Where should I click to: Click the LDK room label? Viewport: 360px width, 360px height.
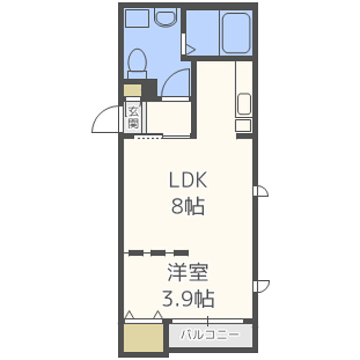coord(188,180)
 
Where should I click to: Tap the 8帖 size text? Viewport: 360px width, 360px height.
coord(188,206)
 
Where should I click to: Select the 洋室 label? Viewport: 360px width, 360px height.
coord(188,273)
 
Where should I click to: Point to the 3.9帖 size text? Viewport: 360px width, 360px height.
coord(188,299)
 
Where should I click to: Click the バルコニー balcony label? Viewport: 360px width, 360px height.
coord(210,335)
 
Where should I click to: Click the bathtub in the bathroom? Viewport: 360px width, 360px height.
coord(236,33)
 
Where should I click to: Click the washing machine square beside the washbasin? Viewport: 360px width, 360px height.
coord(137,19)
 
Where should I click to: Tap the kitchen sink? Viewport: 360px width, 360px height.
coord(244,103)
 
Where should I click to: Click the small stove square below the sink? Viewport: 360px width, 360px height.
coord(243,125)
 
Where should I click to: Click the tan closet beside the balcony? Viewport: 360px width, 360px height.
coord(143,337)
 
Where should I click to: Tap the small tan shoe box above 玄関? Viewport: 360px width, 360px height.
coord(133,90)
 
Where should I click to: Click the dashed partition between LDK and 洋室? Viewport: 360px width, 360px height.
coord(156,253)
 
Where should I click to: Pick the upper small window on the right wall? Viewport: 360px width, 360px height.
coord(261,191)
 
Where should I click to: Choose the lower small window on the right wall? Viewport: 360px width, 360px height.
coord(261,286)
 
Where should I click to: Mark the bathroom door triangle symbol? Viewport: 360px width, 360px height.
coord(190,49)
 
